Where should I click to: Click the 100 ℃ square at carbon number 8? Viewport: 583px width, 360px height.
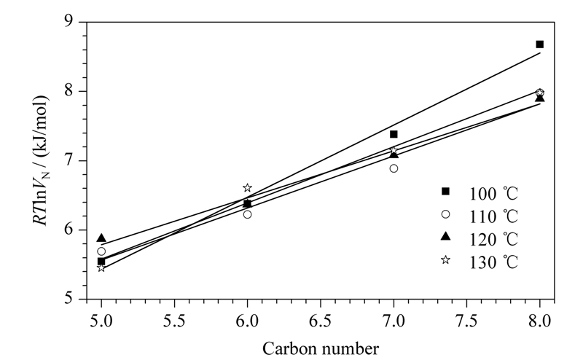click(539, 44)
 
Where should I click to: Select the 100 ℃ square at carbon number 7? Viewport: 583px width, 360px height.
click(394, 134)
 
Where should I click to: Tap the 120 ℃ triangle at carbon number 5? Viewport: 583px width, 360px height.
click(101, 238)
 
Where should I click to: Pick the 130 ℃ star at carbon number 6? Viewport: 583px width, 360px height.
click(247, 188)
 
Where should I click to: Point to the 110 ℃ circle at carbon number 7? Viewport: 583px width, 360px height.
click(394, 168)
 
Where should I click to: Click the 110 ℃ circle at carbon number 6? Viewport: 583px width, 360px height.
click(247, 214)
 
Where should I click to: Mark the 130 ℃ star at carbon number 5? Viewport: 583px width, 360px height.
click(101, 267)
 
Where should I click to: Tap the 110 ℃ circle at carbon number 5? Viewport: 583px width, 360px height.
click(101, 251)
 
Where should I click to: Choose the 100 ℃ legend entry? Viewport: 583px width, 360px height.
click(480, 194)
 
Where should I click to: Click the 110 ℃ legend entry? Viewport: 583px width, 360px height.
click(480, 216)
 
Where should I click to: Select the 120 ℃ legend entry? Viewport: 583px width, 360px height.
click(480, 239)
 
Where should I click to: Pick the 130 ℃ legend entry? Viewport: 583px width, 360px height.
click(480, 262)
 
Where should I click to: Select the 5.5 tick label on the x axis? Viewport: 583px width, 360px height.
click(174, 321)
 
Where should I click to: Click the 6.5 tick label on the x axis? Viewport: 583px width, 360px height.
click(321, 321)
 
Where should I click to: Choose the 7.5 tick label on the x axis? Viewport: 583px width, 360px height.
click(466, 321)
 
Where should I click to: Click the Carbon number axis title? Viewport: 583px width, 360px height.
click(321, 349)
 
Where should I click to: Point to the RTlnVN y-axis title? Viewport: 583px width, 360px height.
click(40, 160)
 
